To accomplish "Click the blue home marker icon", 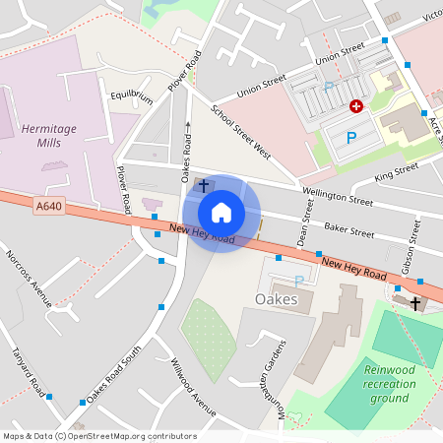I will pyautogui.click(x=221, y=213).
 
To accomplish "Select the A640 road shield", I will pyautogui.click(x=47, y=206).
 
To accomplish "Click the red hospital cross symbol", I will pyautogui.click(x=356, y=104).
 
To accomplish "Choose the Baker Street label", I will pyautogui.click(x=349, y=233).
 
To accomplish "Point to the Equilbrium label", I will pyautogui.click(x=132, y=97).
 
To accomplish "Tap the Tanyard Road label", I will pyautogui.click(x=22, y=368).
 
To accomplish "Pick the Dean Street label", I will pyautogui.click(x=306, y=222).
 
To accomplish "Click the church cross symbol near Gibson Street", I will pyautogui.click(x=415, y=303).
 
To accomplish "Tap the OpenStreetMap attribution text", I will pyautogui.click(x=99, y=435).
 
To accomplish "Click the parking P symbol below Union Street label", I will pyautogui.click(x=329, y=89).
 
